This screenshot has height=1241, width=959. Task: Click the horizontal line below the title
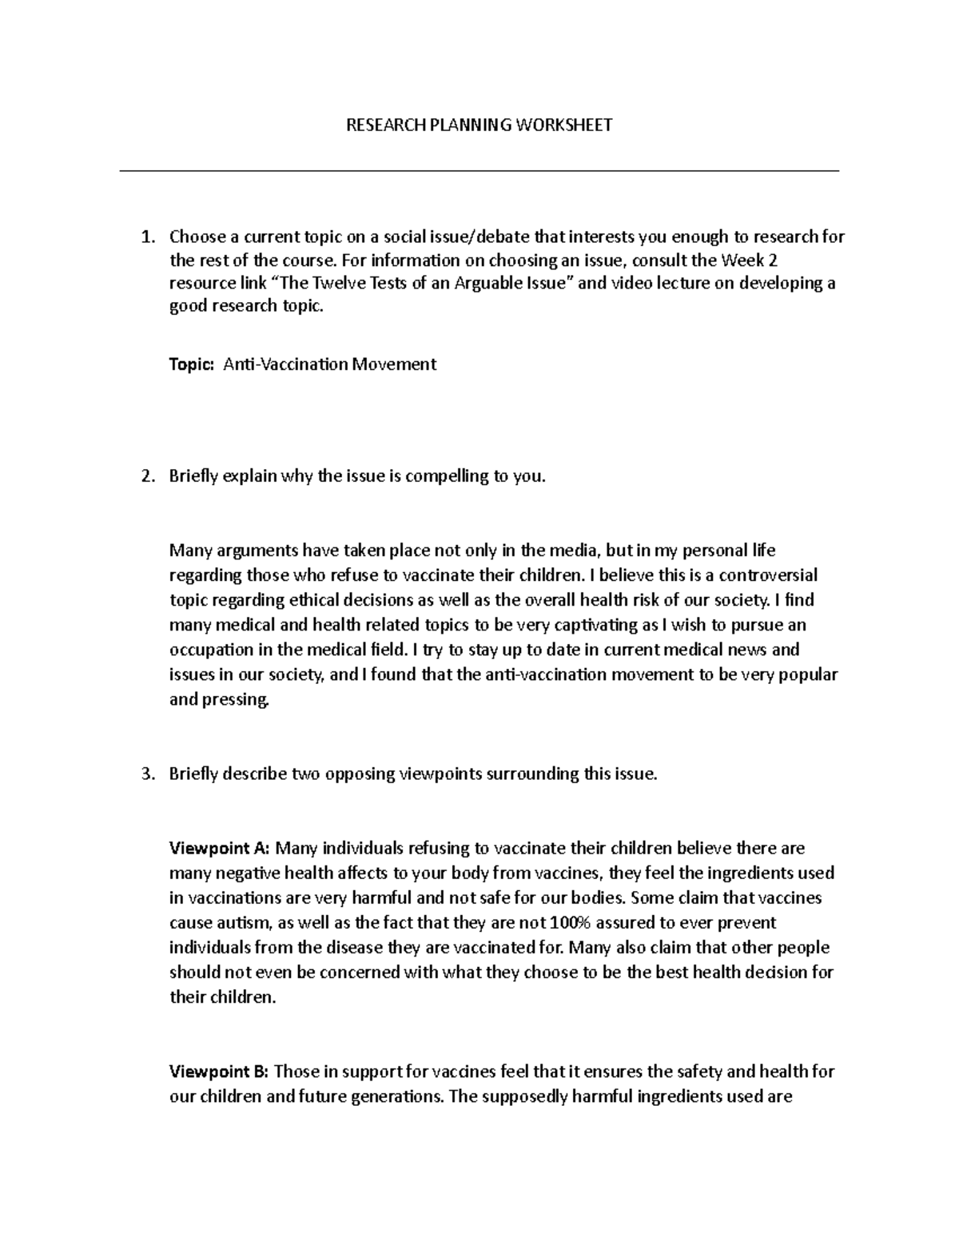tap(479, 170)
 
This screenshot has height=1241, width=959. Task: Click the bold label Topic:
tap(192, 364)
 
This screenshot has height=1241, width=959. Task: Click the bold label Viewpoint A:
tap(220, 848)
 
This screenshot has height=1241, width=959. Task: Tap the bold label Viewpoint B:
tap(220, 1072)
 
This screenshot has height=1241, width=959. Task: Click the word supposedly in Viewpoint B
tap(521, 1096)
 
